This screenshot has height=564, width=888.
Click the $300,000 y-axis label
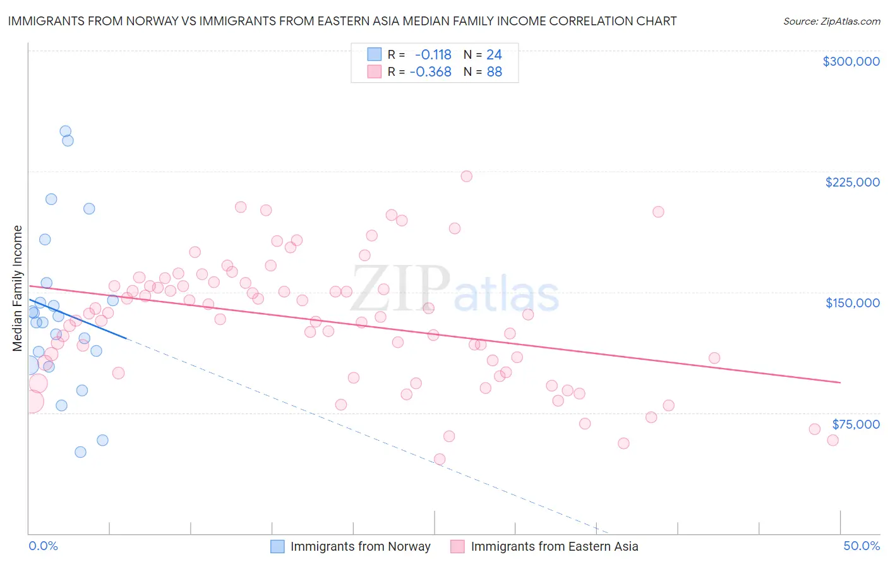coord(851,61)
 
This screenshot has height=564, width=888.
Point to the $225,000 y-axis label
coord(852,182)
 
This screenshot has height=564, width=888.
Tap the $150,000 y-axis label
coord(852,303)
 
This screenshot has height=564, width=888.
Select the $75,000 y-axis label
coord(855,424)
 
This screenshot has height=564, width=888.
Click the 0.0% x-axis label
coord(43,546)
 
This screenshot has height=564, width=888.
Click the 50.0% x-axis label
coord(861,546)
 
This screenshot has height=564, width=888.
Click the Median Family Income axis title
coord(18,288)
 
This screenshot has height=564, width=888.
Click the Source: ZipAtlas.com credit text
coord(831,21)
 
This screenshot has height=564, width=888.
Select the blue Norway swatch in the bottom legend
coord(277,546)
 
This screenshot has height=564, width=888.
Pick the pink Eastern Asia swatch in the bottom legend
coord(457,546)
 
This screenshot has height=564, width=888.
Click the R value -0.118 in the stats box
coord(433,54)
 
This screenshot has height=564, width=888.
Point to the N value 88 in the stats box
coord(495,72)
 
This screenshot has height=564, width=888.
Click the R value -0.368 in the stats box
coord(431,72)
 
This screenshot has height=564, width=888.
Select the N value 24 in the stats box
coord(494,54)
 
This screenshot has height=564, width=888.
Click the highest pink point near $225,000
coord(466,176)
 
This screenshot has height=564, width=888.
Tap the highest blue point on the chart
coord(65,132)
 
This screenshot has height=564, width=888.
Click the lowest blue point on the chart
coord(80,452)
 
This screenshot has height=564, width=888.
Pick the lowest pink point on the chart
coord(440,460)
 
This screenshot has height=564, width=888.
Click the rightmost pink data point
coord(832,441)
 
